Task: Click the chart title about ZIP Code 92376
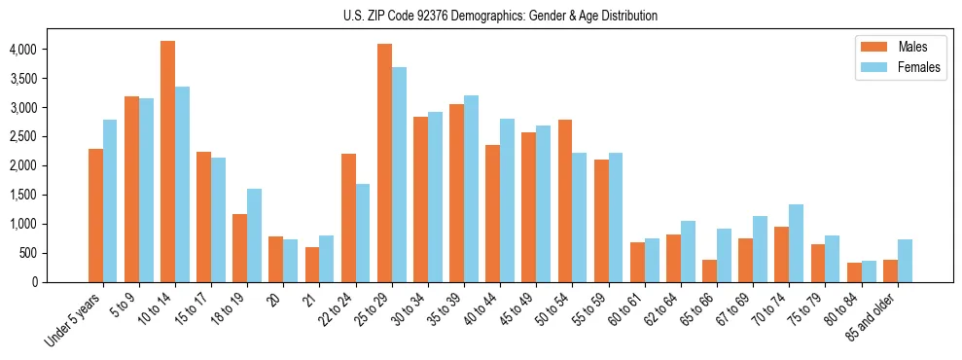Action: click(500, 16)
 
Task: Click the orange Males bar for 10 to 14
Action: click(168, 162)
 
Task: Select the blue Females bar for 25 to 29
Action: click(399, 175)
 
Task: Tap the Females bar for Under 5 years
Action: click(110, 200)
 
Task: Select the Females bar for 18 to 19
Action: click(255, 235)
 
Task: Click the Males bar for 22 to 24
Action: click(349, 218)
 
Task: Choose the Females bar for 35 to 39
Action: click(471, 189)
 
